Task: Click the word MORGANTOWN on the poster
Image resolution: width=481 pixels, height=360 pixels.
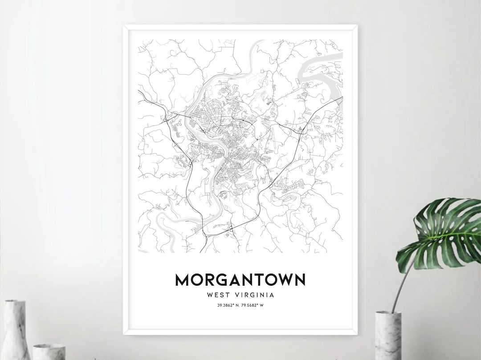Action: point(240,280)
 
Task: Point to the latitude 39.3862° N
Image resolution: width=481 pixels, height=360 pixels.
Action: point(227,305)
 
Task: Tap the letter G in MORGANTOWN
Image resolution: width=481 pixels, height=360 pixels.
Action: point(219,280)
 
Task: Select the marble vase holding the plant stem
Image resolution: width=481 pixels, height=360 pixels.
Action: point(388,336)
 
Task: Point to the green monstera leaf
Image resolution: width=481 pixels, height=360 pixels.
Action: point(441,231)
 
